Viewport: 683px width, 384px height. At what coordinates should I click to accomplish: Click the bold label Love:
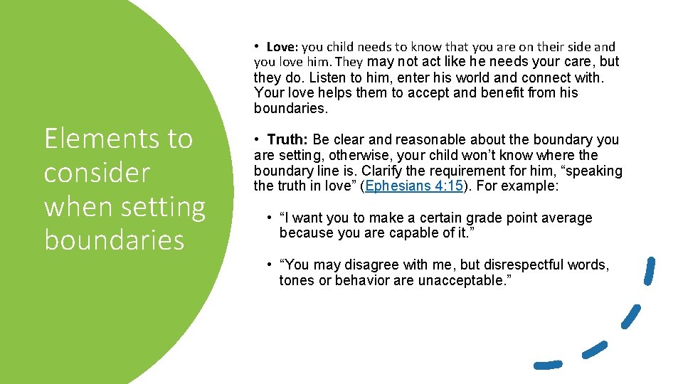coord(282,47)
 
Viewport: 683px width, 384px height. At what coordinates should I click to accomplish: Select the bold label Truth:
coord(288,139)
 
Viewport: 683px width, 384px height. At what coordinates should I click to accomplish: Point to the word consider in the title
coord(97,172)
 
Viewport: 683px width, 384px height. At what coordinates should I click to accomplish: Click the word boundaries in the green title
coord(115,240)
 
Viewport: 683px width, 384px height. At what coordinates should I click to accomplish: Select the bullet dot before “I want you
coord(270,218)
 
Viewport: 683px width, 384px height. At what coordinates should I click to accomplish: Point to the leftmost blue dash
coord(548,364)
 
